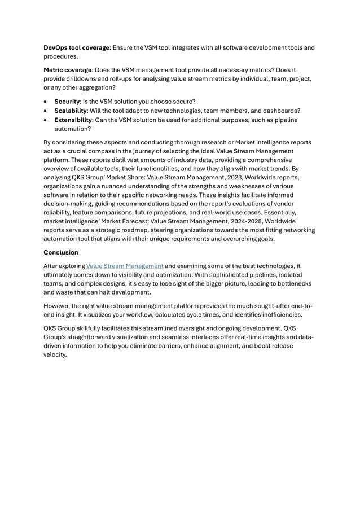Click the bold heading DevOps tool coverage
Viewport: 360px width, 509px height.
[x=77, y=48]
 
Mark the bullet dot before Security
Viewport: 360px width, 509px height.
[x=46, y=102]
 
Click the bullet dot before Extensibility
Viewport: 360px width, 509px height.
[x=46, y=120]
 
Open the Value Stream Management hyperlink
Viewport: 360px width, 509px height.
[x=125, y=266]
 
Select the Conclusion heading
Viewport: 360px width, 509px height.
[x=61, y=252]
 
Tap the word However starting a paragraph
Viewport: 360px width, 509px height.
[x=59, y=306]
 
